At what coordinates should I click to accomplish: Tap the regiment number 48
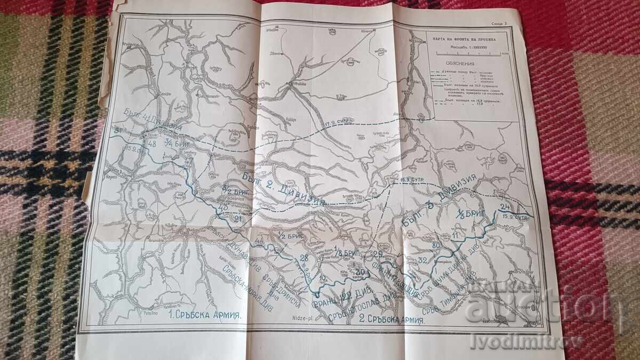151,144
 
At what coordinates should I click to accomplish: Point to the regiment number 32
423,261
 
